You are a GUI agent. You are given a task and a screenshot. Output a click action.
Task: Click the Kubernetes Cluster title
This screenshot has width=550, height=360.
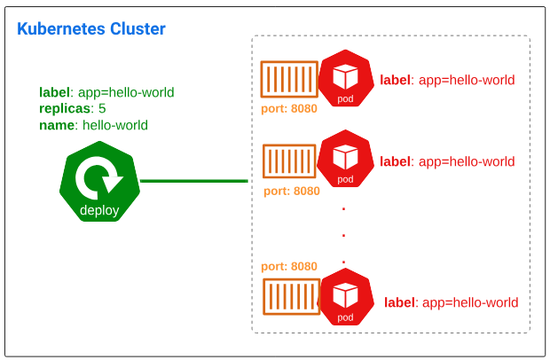coord(91,29)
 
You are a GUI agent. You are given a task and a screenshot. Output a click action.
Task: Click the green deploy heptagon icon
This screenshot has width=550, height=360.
coord(99,182)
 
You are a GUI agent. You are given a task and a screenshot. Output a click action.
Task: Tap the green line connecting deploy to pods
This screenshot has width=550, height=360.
coord(193,181)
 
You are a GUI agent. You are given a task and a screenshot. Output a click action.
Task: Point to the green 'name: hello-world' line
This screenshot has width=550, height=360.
coord(93,125)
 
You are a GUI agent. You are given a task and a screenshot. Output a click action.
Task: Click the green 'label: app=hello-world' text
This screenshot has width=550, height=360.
coord(106,91)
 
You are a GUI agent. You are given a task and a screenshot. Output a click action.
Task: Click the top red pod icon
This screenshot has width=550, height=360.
coord(345,80)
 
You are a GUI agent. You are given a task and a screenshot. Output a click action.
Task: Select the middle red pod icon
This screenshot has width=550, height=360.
coord(345,160)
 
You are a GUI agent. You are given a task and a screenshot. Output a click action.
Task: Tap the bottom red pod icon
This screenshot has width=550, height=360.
coord(345,299)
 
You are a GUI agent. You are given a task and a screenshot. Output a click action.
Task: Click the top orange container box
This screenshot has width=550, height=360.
coord(289,79)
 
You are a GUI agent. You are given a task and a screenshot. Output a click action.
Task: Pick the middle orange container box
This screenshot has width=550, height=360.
coord(289,162)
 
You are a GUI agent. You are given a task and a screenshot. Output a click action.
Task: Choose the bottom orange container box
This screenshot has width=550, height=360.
coord(291,297)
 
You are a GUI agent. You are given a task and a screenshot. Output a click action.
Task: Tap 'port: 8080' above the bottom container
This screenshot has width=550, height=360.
coord(289,266)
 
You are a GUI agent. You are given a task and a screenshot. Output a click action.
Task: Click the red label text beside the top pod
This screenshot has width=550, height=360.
coord(447,80)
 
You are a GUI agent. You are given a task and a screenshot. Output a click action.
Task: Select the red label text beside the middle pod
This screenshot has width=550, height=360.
coord(447,161)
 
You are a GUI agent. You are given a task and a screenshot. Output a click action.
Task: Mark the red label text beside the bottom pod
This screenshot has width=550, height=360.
coord(451,302)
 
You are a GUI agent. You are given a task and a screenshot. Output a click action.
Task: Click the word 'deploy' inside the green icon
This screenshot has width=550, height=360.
coord(99,210)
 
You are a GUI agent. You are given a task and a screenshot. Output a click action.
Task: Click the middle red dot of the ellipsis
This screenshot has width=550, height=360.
coord(343,236)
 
